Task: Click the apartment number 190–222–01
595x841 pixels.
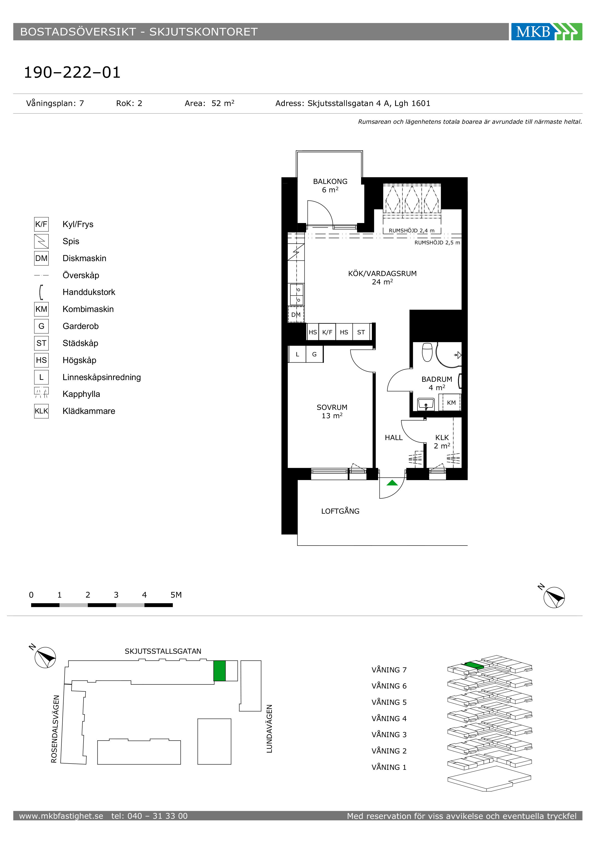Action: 72,72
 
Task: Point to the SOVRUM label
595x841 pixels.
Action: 332,407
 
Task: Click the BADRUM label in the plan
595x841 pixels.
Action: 437,379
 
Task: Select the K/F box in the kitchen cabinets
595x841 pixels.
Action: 327,332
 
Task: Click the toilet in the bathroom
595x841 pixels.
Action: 427,352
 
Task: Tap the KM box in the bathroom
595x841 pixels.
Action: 451,403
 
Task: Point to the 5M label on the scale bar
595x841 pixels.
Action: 176,595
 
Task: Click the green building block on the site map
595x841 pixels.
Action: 220,671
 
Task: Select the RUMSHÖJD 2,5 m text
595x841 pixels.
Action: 437,242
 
